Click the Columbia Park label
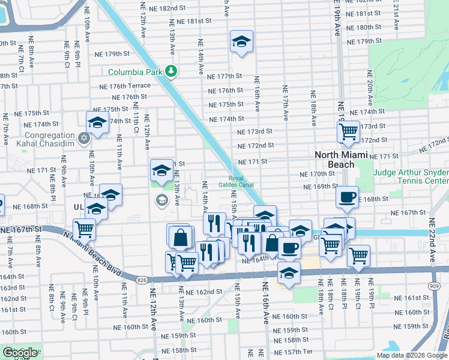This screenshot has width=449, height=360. (136, 72)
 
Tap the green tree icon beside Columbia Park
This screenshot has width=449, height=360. (172, 72)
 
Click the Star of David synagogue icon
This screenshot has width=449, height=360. (84, 139)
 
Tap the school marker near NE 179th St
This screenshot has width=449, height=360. (241, 41)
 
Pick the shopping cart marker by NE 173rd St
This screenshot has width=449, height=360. (348, 131)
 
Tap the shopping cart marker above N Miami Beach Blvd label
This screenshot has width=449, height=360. (84, 229)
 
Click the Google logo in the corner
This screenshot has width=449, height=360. (20, 353)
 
